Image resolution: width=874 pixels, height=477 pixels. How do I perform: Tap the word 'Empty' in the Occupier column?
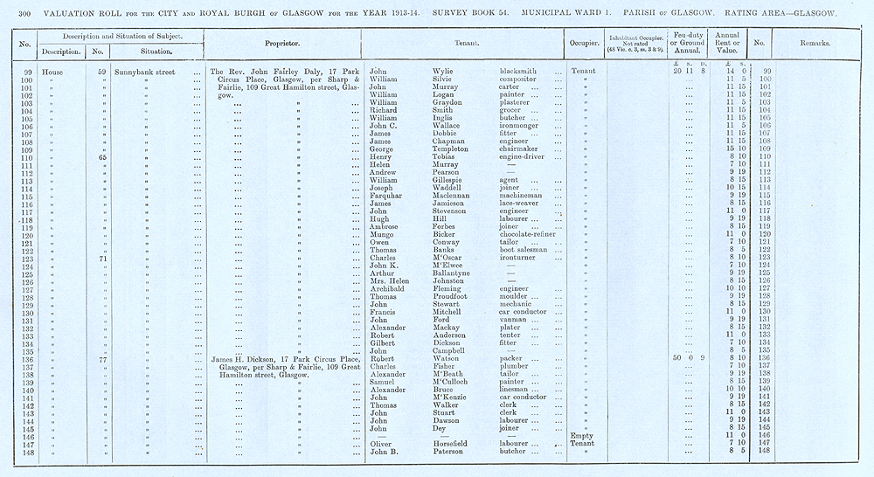click(581, 434)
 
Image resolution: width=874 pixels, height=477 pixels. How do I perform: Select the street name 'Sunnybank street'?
click(146, 71)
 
